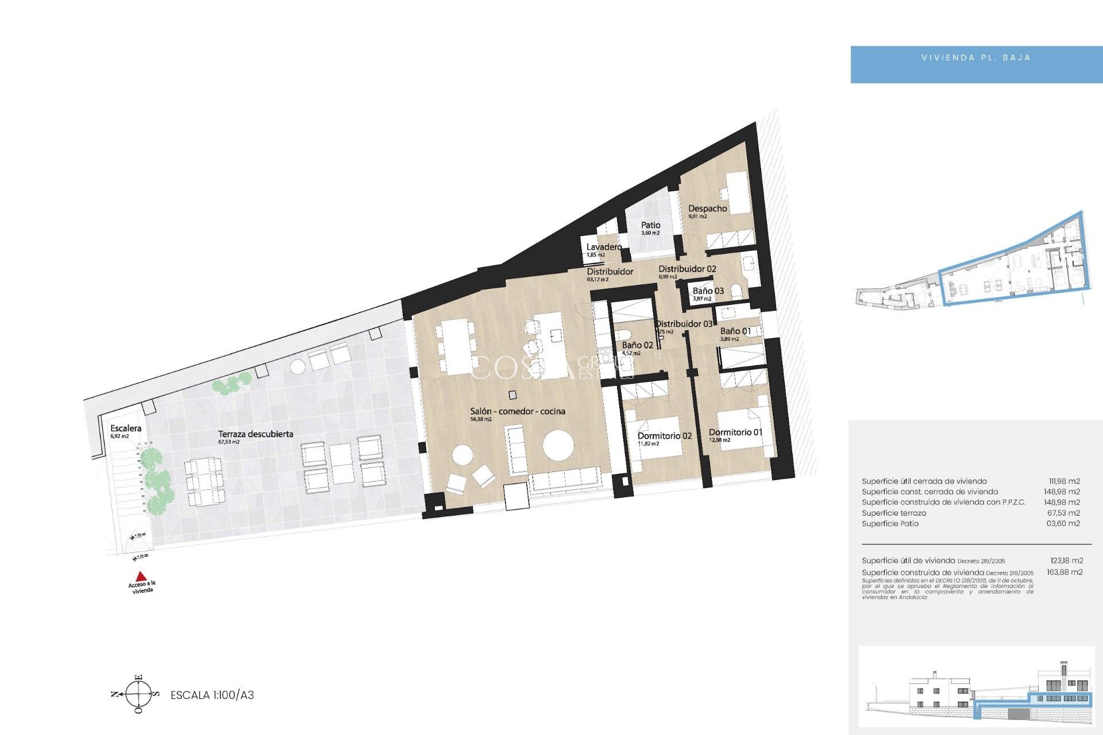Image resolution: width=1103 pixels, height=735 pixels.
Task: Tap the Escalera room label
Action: click(x=126, y=428)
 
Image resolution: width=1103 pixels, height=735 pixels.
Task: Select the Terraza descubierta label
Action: click(x=256, y=434)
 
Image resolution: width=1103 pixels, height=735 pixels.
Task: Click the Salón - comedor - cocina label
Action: click(x=518, y=411)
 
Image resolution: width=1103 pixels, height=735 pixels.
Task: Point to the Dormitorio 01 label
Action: click(x=735, y=432)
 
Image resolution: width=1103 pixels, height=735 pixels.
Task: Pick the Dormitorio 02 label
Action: click(x=665, y=436)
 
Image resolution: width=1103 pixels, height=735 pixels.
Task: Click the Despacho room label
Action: click(x=708, y=208)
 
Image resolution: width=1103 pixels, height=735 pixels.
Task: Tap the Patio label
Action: click(x=651, y=225)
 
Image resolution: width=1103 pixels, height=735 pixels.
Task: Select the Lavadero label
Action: click(x=604, y=247)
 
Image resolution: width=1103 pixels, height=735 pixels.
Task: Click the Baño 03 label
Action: click(x=708, y=291)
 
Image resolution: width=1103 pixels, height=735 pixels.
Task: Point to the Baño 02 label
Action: click(x=638, y=345)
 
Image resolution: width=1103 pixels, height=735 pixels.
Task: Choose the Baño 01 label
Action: click(x=735, y=331)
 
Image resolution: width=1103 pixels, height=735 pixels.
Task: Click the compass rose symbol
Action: click(x=138, y=694)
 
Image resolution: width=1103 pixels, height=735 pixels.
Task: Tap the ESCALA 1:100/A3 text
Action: click(x=212, y=695)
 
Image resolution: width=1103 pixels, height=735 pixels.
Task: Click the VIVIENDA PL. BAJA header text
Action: click(x=976, y=58)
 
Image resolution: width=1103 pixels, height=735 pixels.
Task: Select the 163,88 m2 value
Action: click(x=1065, y=572)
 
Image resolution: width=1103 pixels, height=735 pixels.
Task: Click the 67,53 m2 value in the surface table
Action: click(x=1063, y=513)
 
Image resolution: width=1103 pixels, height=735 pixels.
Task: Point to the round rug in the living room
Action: click(x=558, y=446)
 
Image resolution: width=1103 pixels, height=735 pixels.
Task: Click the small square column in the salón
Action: click(x=512, y=395)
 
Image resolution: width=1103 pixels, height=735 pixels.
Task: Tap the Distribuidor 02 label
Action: click(x=687, y=269)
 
